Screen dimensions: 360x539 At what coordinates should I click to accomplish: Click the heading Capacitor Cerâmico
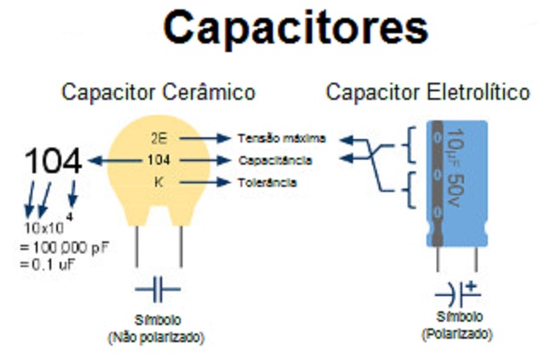[158, 92]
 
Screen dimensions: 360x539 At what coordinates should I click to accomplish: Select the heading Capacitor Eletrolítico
[428, 92]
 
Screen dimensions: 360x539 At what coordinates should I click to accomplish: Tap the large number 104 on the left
[53, 160]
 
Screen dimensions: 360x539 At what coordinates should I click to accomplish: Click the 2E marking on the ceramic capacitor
[158, 137]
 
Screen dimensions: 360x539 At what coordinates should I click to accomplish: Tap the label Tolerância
[268, 183]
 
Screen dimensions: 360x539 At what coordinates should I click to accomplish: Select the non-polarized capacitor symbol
[158, 290]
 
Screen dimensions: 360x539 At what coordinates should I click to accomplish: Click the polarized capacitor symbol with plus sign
[458, 293]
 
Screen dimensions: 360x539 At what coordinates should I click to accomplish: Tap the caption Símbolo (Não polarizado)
[156, 328]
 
